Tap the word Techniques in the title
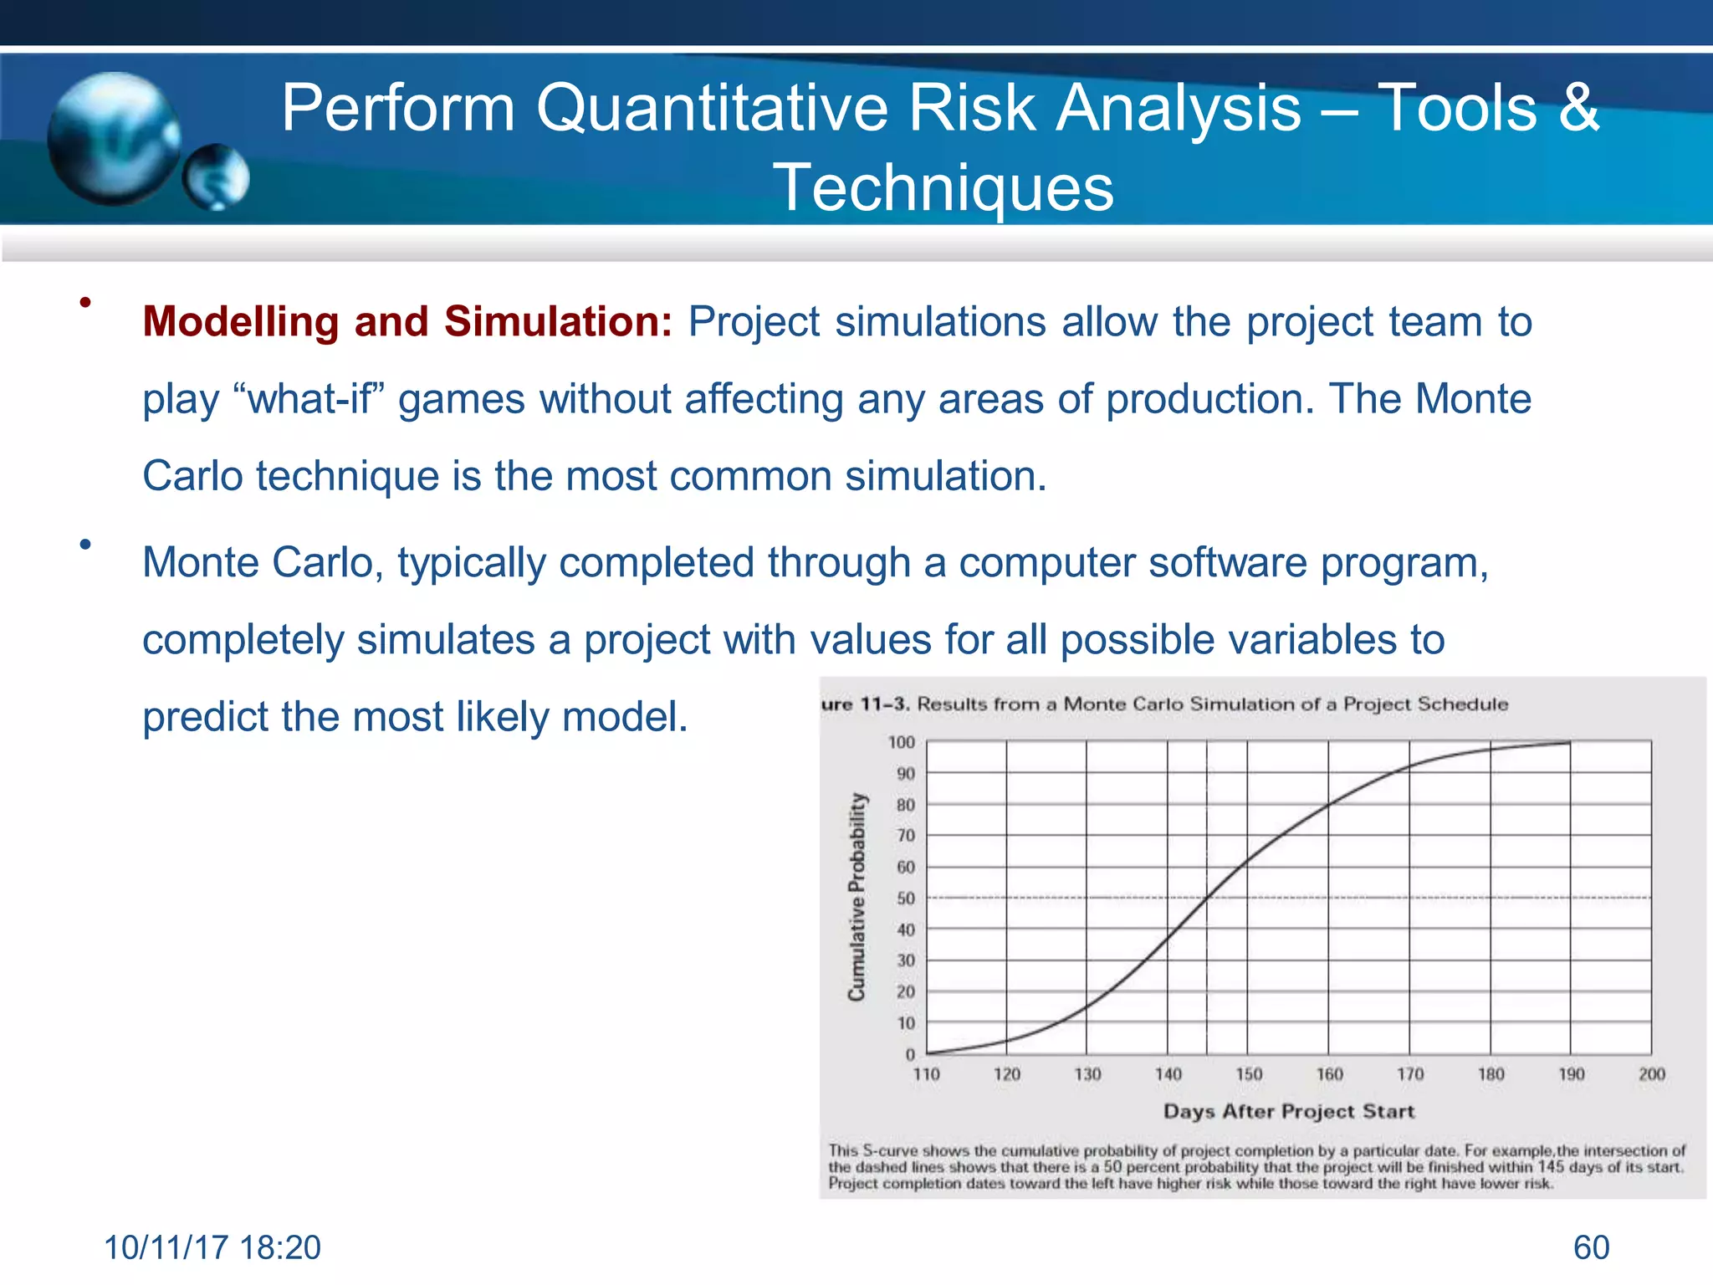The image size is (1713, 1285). tap(943, 188)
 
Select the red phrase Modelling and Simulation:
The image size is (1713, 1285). tap(407, 322)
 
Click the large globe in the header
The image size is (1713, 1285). tap(113, 138)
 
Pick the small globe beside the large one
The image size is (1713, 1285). tap(217, 177)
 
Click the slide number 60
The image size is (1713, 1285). tap(1591, 1247)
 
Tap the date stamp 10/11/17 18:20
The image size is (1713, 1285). tap(212, 1247)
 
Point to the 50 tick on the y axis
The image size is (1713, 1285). tap(906, 898)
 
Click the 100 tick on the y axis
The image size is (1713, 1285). tap(902, 743)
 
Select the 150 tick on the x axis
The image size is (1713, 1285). tap(1248, 1074)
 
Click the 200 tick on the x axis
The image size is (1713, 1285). tap(1651, 1074)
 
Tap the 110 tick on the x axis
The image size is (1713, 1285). tap(926, 1074)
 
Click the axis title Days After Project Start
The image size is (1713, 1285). tap(1288, 1112)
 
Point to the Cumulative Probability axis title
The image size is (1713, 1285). tap(856, 896)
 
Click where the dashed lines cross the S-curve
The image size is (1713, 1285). tap(1207, 898)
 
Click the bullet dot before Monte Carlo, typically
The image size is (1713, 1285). tap(85, 545)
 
